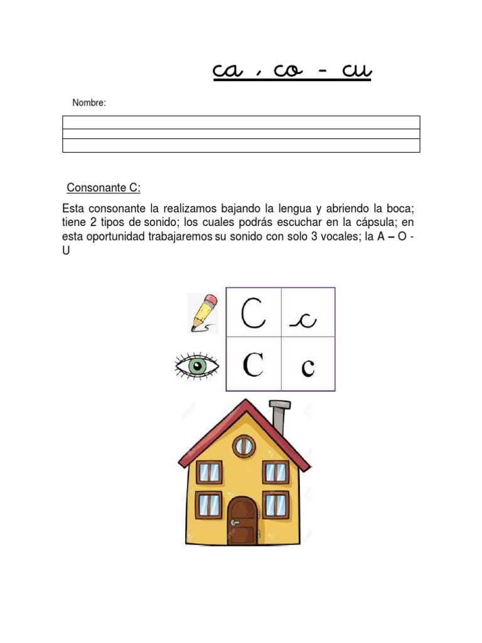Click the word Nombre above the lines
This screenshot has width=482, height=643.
[89, 102]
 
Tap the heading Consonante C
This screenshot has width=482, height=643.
[104, 188]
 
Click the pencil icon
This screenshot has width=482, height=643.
[204, 313]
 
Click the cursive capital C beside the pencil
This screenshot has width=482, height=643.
[254, 312]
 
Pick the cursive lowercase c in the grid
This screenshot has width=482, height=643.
[304, 321]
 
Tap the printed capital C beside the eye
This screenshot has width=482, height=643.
[253, 364]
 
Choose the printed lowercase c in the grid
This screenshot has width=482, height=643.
[308, 367]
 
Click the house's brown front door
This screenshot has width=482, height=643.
[242, 521]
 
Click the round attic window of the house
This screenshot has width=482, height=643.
[243, 446]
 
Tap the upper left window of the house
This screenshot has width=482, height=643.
[209, 473]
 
